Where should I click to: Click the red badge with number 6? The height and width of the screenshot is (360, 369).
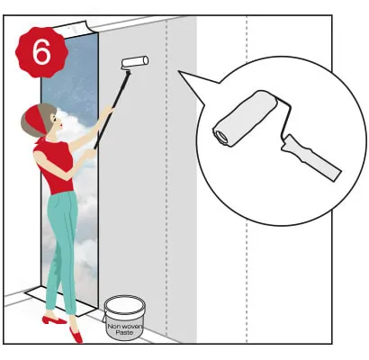tap(41, 52)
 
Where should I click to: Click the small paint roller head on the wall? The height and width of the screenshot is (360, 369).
tap(135, 63)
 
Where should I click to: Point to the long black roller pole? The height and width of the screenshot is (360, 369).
tap(112, 109)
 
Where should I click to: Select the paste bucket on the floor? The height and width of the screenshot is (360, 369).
tap(124, 318)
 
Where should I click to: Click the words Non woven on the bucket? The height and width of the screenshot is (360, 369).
tap(124, 326)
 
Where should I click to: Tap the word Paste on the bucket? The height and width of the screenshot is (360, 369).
tap(124, 332)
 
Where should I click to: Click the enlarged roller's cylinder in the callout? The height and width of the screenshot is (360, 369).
tap(246, 118)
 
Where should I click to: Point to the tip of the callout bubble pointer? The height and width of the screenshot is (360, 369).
tap(178, 71)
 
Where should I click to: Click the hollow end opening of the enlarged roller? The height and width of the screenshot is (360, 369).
tap(221, 136)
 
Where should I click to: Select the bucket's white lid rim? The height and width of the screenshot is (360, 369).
tap(124, 303)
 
